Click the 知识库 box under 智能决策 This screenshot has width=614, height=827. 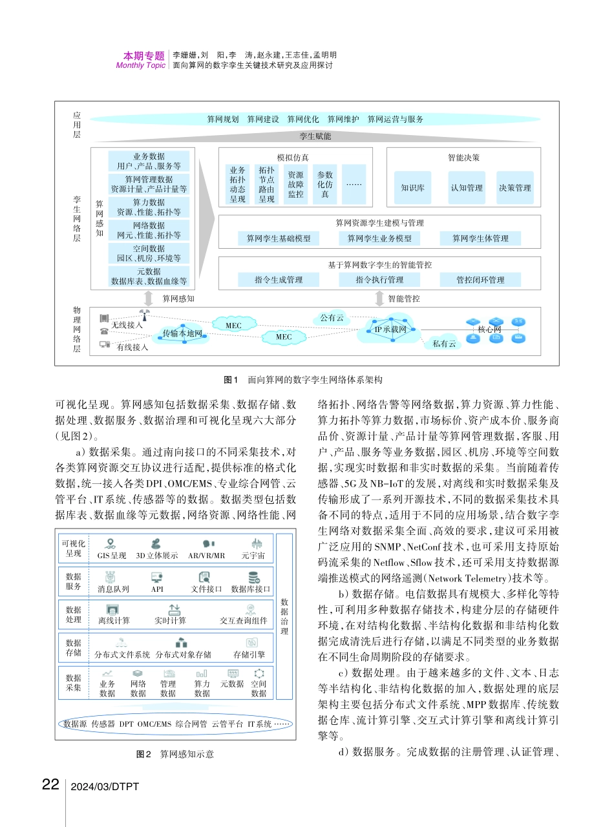point(412,188)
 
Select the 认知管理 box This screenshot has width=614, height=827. point(466,188)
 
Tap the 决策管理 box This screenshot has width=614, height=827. point(515,188)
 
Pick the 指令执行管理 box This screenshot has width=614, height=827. point(379,280)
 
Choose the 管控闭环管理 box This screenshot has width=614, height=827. point(480,280)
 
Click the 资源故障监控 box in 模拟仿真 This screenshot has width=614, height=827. point(295,184)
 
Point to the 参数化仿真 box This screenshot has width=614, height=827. point(325,184)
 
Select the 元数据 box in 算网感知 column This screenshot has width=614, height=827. point(149,277)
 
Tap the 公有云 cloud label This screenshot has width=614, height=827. point(332,317)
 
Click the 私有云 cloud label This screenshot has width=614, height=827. point(444,344)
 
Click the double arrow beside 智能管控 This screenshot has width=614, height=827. point(381,298)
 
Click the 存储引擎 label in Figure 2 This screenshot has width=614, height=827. point(249,654)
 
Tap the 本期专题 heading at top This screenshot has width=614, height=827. point(144,56)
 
